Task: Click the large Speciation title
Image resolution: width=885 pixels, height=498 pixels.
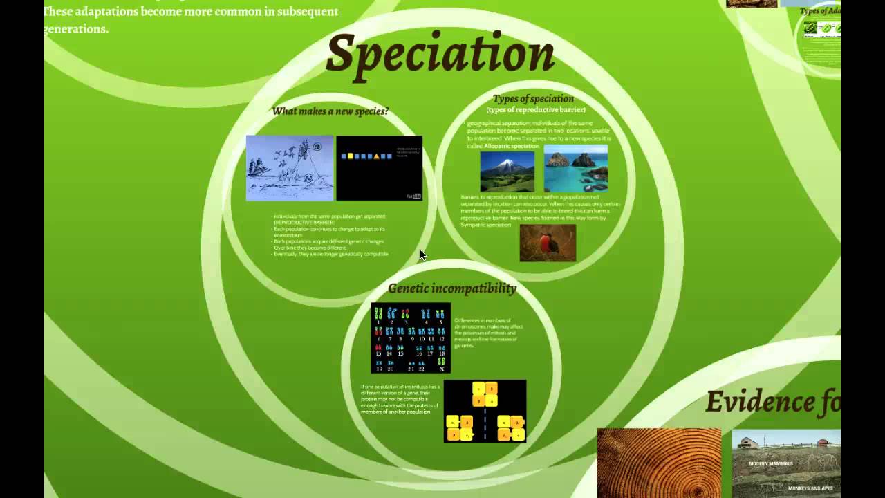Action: pos(440,54)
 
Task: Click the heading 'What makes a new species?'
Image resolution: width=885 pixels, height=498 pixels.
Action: pos(330,111)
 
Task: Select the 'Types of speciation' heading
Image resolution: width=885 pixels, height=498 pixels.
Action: pos(533,98)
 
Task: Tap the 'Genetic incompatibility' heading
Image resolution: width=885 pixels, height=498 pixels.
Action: pos(452,288)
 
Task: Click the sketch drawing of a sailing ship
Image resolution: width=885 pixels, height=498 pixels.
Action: pos(290,168)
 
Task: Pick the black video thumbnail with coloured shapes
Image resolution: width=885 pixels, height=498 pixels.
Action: pos(379,168)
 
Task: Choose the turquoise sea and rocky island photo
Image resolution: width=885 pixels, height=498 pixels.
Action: pos(576,169)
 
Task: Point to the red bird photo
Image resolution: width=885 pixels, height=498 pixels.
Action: pos(548,243)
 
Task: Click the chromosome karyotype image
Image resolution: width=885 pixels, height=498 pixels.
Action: pos(411,338)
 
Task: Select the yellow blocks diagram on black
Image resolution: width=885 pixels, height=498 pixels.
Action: pos(485,411)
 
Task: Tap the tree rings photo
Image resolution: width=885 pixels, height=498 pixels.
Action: pos(659,463)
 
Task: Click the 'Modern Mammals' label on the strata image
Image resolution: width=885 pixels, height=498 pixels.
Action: pos(770,463)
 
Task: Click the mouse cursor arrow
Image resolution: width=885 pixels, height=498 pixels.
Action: pos(422,255)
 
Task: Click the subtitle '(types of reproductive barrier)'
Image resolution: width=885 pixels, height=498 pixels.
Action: pos(536,110)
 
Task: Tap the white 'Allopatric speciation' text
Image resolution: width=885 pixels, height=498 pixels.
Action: pos(511,147)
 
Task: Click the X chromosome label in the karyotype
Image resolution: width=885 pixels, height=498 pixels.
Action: pos(442,369)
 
